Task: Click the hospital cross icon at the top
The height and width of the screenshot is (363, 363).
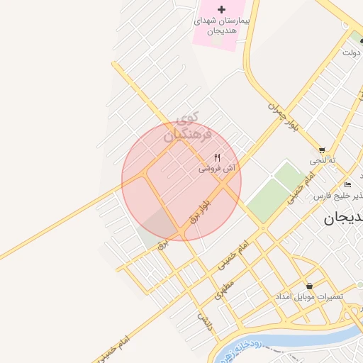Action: pyautogui.click(x=221, y=9)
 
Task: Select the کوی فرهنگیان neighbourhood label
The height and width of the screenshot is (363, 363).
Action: pyautogui.click(x=187, y=125)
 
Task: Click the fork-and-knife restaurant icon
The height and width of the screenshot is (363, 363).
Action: pyautogui.click(x=218, y=157)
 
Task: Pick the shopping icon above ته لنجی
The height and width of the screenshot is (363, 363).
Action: pyautogui.click(x=323, y=150)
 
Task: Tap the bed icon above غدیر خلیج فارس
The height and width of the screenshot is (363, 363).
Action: pyautogui.click(x=347, y=184)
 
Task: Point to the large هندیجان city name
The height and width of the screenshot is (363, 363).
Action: pyautogui.click(x=343, y=218)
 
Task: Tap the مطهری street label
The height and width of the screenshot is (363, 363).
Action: pyautogui.click(x=225, y=289)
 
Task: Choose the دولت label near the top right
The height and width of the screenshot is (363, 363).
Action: pyautogui.click(x=351, y=53)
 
